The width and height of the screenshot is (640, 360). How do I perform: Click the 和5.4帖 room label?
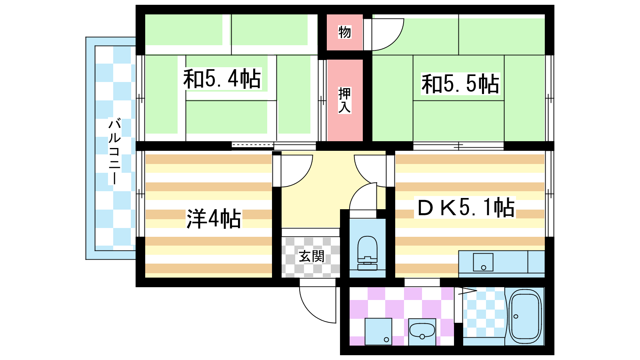click(x=222, y=78)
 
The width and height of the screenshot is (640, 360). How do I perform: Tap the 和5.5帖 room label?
click(x=460, y=84)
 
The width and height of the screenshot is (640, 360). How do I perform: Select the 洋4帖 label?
click(x=214, y=218)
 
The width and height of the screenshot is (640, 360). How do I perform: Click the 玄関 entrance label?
click(x=312, y=256)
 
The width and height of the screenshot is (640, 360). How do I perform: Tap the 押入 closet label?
click(x=344, y=100)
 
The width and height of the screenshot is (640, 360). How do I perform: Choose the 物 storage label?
click(x=344, y=32)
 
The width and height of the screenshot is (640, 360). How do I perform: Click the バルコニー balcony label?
click(x=114, y=152)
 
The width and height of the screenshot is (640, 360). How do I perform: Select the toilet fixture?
click(x=368, y=253)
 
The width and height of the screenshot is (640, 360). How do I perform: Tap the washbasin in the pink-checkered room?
click(x=422, y=332)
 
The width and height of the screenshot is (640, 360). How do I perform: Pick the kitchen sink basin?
click(x=483, y=262)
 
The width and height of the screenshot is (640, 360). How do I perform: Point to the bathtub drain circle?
click(x=516, y=316)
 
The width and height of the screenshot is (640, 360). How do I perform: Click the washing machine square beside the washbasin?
click(x=378, y=332)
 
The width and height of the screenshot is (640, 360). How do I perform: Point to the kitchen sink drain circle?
click(x=484, y=268)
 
